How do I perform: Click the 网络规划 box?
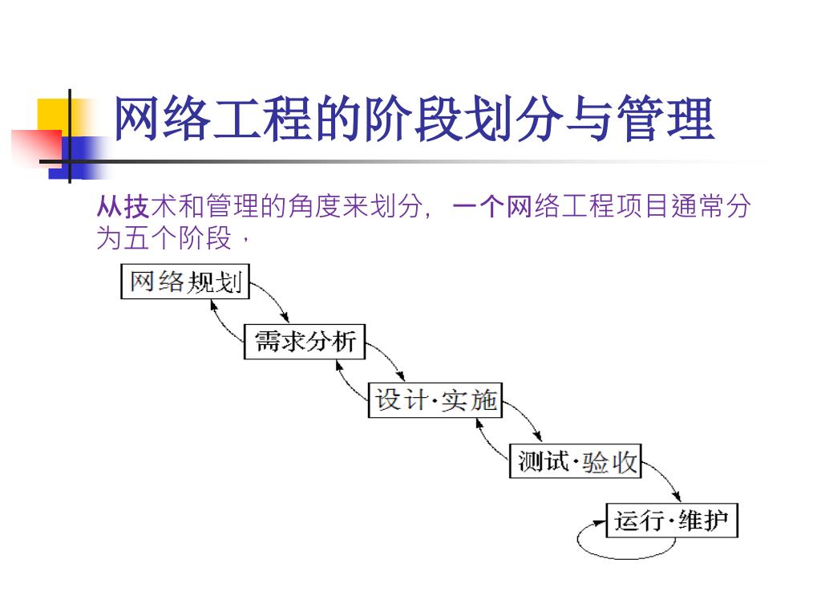coord(185,282)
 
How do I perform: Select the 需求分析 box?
coord(305,342)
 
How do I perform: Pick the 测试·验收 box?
coord(576,461)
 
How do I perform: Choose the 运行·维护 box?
coord(671,521)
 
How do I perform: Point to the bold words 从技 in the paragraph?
coord(123,208)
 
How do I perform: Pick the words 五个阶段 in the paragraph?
coord(176,238)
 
